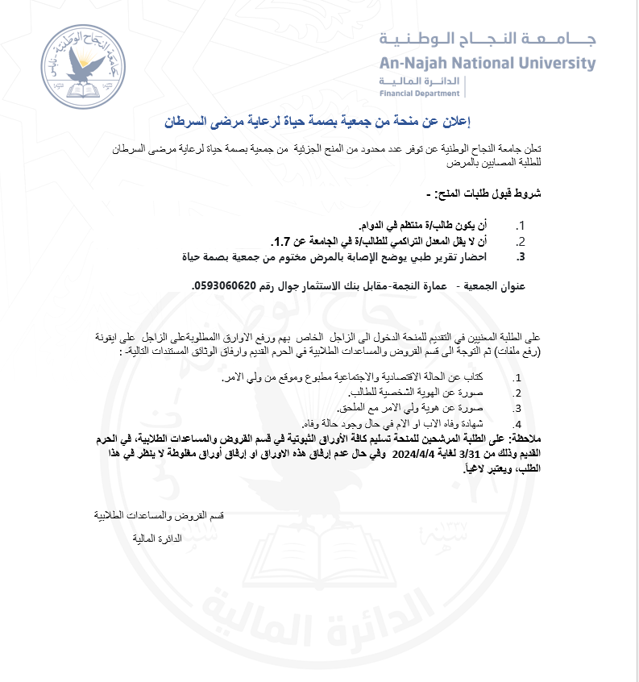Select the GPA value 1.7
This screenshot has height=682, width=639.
282,240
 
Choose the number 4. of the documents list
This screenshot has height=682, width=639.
518,423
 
